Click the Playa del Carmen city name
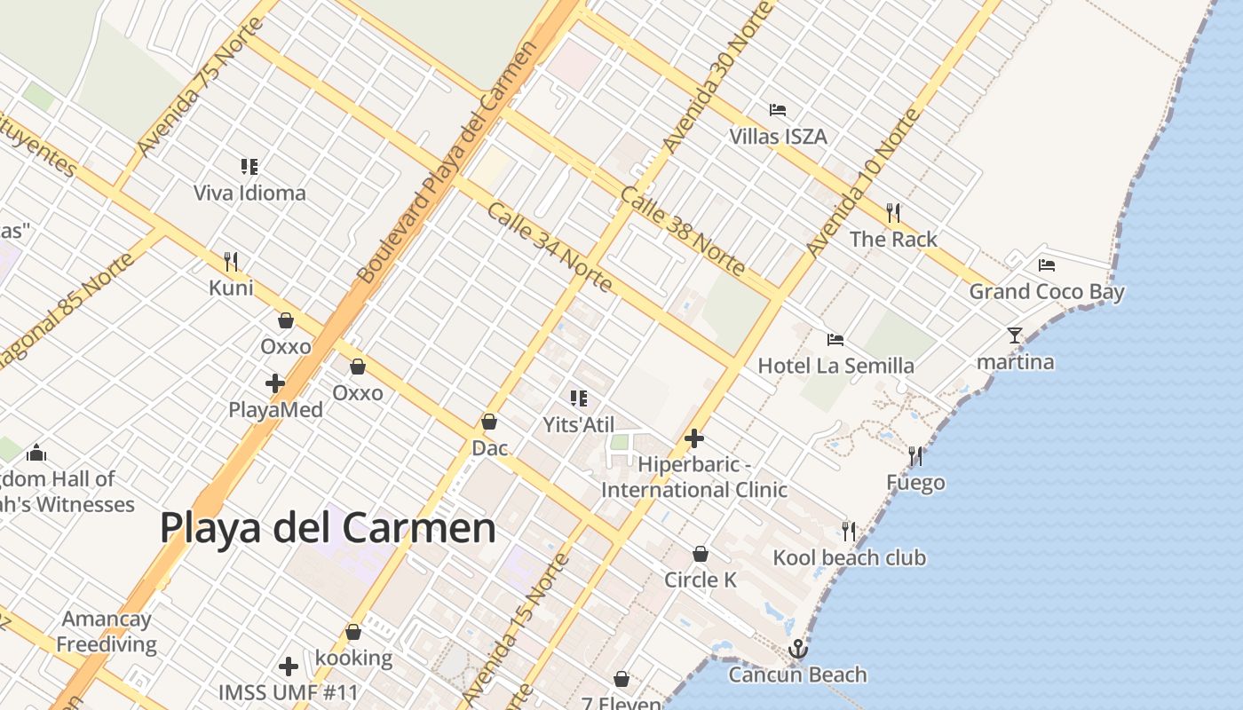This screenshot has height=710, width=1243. point(328,528)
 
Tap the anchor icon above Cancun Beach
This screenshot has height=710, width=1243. point(798,649)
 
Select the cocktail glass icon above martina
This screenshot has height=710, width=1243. point(1015,335)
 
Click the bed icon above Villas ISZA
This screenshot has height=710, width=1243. point(778,110)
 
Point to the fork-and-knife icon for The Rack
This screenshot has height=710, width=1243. point(893,213)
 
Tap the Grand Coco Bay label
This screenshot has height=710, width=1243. point(1046,292)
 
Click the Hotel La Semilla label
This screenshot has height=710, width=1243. point(835,366)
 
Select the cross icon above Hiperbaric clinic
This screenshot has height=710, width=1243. point(694,438)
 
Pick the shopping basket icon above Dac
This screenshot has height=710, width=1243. point(489,422)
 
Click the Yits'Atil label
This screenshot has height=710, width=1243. point(579,425)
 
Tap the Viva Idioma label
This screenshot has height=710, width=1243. point(249,193)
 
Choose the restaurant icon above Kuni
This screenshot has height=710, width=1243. point(231,261)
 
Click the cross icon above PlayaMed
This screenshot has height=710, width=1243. point(275,383)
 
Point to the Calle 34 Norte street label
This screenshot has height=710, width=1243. point(550,248)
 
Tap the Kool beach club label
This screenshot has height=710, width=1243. point(849,557)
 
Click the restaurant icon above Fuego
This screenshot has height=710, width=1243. point(915,456)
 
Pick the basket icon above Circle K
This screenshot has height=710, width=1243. point(701,554)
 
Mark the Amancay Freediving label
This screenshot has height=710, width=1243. point(107,632)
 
